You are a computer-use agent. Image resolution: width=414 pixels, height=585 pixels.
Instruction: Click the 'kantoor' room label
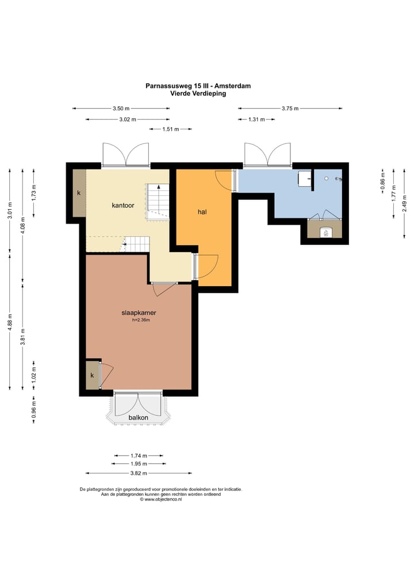point(123,205)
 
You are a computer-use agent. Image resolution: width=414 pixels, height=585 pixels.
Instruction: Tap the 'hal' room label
point(202,212)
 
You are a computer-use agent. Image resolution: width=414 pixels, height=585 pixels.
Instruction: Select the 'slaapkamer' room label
point(139,313)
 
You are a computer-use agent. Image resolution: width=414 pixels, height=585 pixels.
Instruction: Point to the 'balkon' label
point(138,417)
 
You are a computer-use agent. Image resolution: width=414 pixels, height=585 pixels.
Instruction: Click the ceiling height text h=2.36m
point(141,320)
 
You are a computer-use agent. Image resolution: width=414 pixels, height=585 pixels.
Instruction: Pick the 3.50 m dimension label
point(121,109)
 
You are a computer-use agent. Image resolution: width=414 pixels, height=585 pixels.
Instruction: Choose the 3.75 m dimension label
point(290,109)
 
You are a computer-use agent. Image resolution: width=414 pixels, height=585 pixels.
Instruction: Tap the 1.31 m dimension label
point(256,120)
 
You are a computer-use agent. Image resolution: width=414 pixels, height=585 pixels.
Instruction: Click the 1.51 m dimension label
point(171,129)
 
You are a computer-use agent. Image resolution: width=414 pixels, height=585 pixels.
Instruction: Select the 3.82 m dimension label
point(139,473)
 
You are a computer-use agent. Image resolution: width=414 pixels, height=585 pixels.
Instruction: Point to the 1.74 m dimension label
point(139,456)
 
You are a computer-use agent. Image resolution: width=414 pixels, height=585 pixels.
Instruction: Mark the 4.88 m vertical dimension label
point(10,322)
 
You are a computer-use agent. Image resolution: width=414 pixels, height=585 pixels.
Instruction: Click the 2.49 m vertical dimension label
point(404,203)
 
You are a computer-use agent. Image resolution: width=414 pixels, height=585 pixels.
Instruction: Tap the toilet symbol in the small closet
point(325,232)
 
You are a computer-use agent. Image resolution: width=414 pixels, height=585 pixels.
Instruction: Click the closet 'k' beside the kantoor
point(79,193)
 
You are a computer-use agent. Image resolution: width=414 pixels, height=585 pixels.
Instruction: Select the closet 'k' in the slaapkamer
point(92,375)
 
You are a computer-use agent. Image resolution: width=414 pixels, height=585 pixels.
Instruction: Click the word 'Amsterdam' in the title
point(235,86)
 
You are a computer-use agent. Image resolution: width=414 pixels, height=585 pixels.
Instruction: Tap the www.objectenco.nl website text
point(161,499)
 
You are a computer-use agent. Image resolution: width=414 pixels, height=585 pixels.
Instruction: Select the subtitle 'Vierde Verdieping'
point(198,94)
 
